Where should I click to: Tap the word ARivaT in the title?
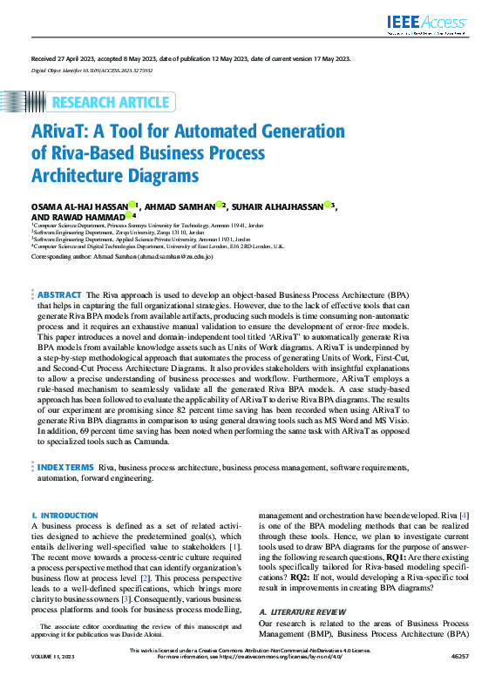pyautogui.click(x=65, y=132)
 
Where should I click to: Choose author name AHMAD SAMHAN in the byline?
pyautogui.click(x=180, y=206)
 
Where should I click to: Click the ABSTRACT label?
pyautogui.click(x=60, y=296)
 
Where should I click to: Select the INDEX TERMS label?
pyautogui.click(x=66, y=467)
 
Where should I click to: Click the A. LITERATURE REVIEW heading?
pyautogui.click(x=300, y=613)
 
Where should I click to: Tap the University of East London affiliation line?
pyautogui.click(x=157, y=246)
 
